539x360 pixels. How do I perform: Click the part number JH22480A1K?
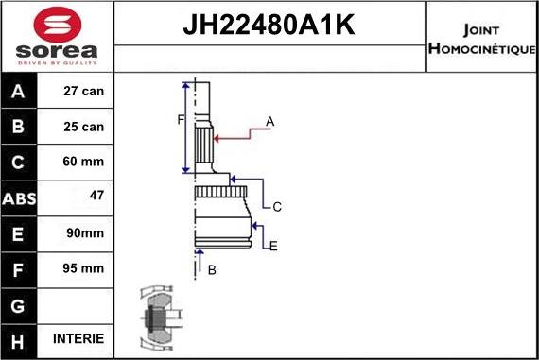(269, 24)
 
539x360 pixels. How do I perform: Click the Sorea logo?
(57, 36)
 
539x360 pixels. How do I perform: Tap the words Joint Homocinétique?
(481, 38)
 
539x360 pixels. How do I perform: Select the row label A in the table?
(20, 92)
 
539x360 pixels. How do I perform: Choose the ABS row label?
(20, 197)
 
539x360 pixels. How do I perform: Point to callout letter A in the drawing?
(270, 121)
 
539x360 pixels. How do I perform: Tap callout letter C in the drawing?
(277, 206)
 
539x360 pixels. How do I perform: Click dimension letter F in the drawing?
(180, 119)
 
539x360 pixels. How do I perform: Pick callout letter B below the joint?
(212, 270)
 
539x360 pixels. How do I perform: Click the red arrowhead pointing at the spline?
(218, 138)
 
